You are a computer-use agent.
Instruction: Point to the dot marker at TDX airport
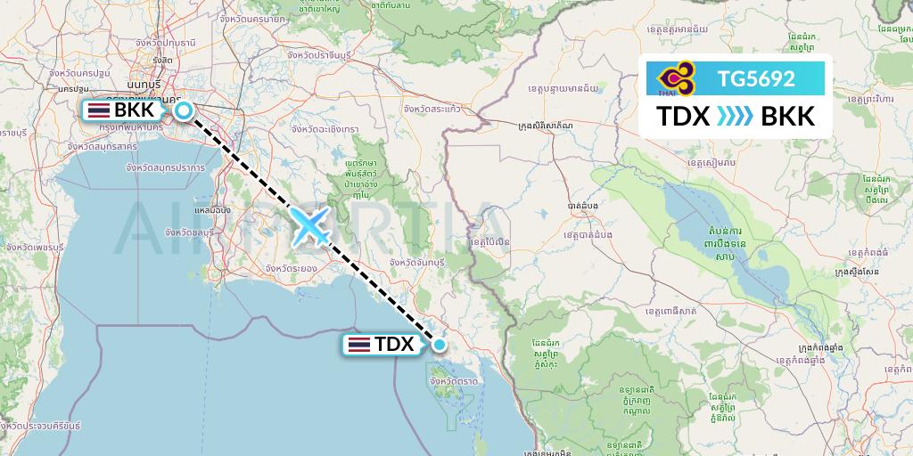(439, 344)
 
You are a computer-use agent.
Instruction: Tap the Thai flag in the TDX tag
(358, 344)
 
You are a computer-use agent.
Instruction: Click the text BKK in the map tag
(135, 111)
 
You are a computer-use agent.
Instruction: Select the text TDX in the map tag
(394, 344)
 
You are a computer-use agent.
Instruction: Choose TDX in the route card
(683, 118)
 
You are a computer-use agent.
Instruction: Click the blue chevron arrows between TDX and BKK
(736, 118)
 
